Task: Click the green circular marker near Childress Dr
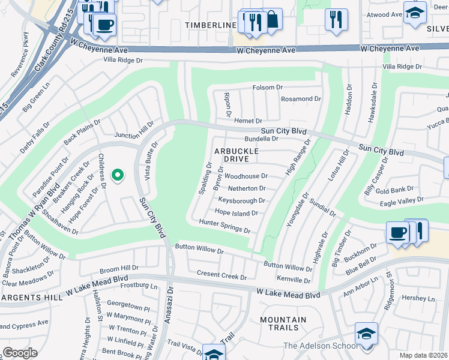pos(118,175)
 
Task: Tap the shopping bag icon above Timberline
pos(272,19)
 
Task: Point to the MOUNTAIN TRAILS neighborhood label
pos(280,323)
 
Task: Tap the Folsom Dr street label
pos(267,88)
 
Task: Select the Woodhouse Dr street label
pos(246,176)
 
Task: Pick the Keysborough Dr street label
pos(241,200)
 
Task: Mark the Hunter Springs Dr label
pos(224,226)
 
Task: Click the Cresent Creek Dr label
pos(221,275)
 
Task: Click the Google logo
pos(20,353)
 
